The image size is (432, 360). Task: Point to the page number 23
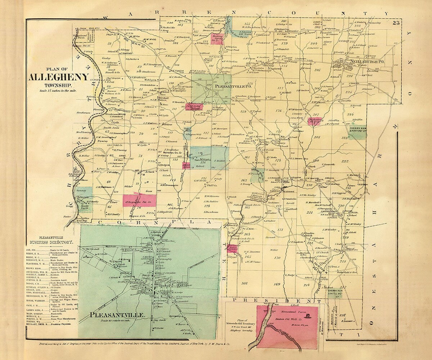click(396, 23)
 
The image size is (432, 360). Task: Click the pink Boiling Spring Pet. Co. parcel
click(218, 39)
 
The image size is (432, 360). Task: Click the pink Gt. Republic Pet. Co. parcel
click(140, 201)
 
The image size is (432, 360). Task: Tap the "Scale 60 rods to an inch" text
click(117, 320)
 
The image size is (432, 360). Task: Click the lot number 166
click(245, 283)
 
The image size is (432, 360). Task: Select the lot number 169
click(277, 284)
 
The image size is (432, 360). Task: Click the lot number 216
click(343, 315)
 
